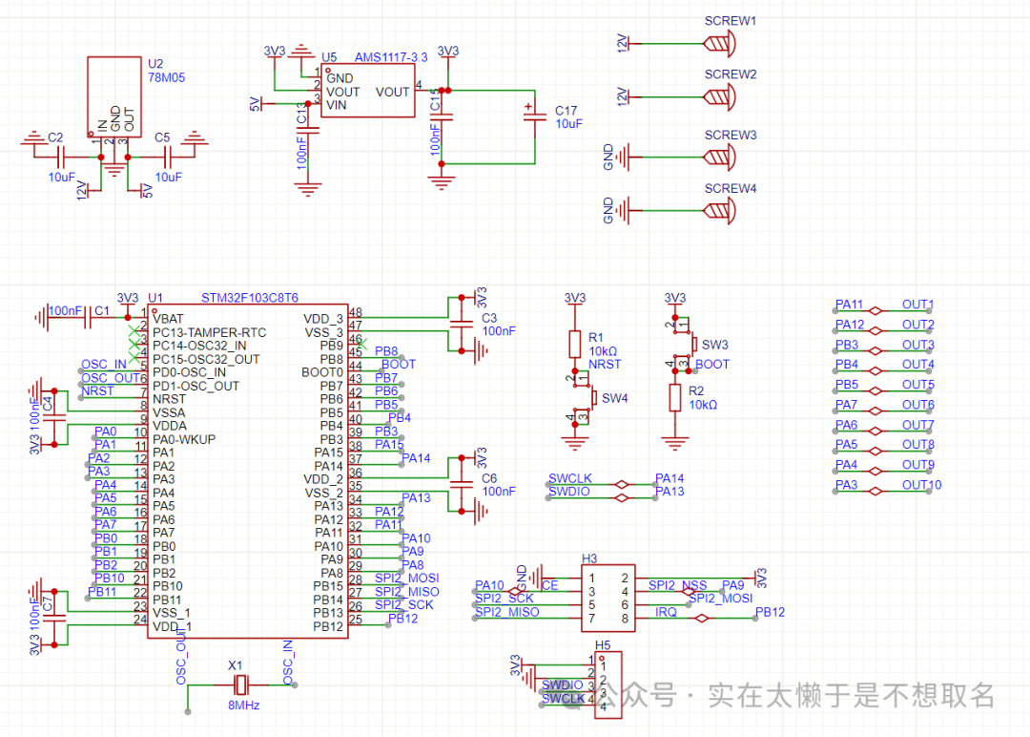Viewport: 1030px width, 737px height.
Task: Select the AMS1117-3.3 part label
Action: pyautogui.click(x=390, y=57)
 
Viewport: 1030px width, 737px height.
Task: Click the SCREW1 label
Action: pyautogui.click(x=730, y=20)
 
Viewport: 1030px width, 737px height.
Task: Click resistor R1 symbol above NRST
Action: pyautogui.click(x=574, y=344)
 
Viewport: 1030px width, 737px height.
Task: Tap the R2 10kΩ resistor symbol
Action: pyautogui.click(x=675, y=397)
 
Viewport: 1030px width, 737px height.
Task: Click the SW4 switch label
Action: pyautogui.click(x=615, y=398)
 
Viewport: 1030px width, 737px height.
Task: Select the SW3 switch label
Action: pyautogui.click(x=715, y=345)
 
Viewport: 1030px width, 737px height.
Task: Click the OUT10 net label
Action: pyautogui.click(x=921, y=485)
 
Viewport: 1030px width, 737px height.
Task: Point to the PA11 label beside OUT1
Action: pyautogui.click(x=849, y=305)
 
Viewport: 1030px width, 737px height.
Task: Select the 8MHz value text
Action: pyautogui.click(x=242, y=705)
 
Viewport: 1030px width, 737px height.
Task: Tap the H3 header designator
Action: pyautogui.click(x=589, y=558)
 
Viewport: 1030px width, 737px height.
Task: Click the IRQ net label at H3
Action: pyautogui.click(x=666, y=612)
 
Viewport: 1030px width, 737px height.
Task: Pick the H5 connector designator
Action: pyautogui.click(x=603, y=645)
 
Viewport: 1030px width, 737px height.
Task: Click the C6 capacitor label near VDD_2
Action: pyautogui.click(x=489, y=478)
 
